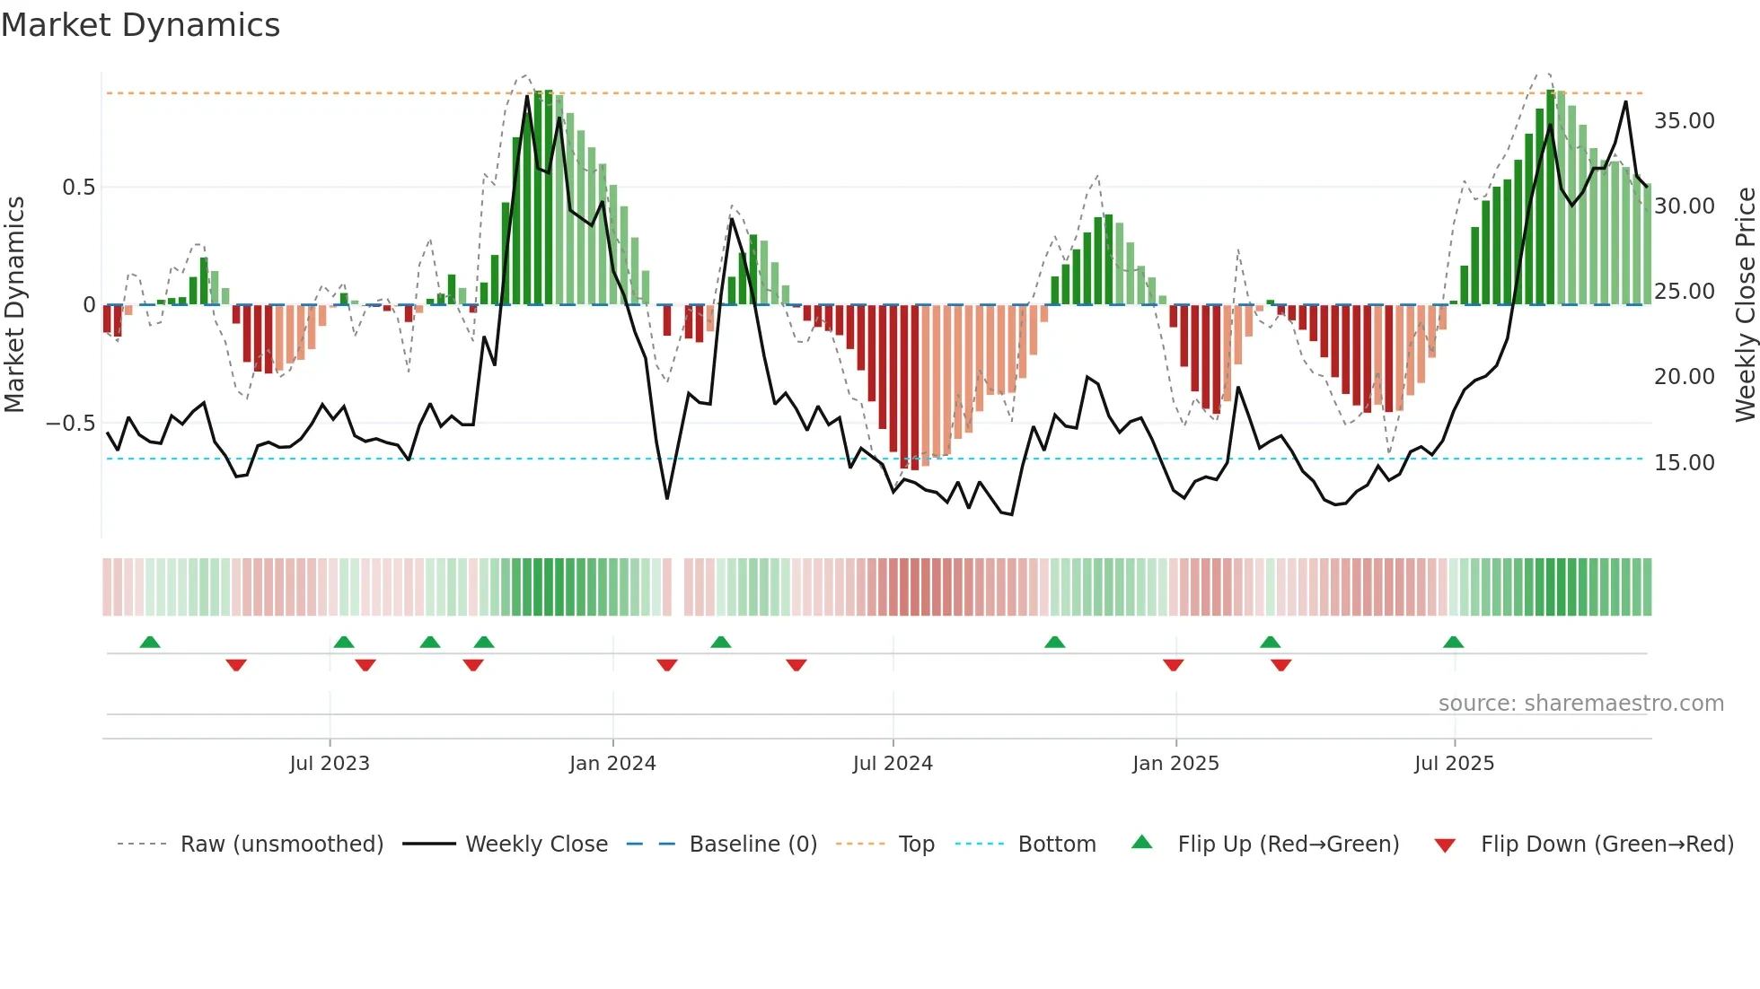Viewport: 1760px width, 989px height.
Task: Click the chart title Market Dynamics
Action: (x=140, y=25)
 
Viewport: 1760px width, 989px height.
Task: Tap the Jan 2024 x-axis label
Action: (x=612, y=764)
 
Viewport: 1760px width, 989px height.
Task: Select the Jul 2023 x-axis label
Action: (x=330, y=764)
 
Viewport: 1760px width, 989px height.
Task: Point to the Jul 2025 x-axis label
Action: (x=1454, y=764)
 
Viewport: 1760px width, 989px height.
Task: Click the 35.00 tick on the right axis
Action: (x=1684, y=121)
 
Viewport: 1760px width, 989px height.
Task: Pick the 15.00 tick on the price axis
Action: (x=1684, y=463)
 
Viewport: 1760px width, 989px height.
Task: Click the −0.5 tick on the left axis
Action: (x=71, y=424)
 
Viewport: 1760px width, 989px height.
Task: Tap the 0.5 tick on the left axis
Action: (x=78, y=188)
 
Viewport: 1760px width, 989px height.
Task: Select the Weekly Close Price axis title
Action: (x=1745, y=304)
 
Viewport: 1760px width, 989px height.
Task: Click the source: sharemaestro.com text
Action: (x=1580, y=704)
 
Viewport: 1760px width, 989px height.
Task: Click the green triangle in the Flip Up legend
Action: (x=1141, y=842)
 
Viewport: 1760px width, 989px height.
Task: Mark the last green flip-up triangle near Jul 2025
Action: (x=1453, y=642)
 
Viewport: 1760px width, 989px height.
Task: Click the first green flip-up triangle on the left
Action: (x=150, y=642)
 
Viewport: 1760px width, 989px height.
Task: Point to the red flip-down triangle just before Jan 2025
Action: (x=1173, y=665)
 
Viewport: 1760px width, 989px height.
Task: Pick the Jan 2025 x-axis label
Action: (x=1175, y=764)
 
